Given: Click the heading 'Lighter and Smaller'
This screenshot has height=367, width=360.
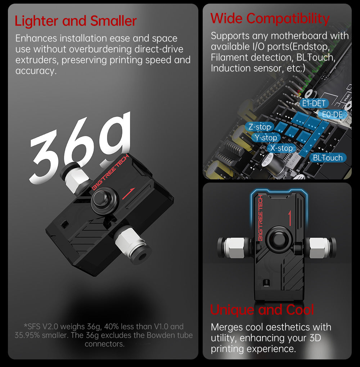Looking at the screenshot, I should [76, 21].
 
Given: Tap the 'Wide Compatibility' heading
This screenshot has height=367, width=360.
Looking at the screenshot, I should [270, 18].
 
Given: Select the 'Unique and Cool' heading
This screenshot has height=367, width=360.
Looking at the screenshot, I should [262, 309].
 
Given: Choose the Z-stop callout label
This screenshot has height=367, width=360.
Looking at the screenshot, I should [259, 127].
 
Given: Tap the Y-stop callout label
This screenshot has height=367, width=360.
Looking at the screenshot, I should [266, 138].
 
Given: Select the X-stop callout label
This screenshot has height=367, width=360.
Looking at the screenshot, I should [282, 148].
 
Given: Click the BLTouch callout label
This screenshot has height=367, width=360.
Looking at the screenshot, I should [328, 157].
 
